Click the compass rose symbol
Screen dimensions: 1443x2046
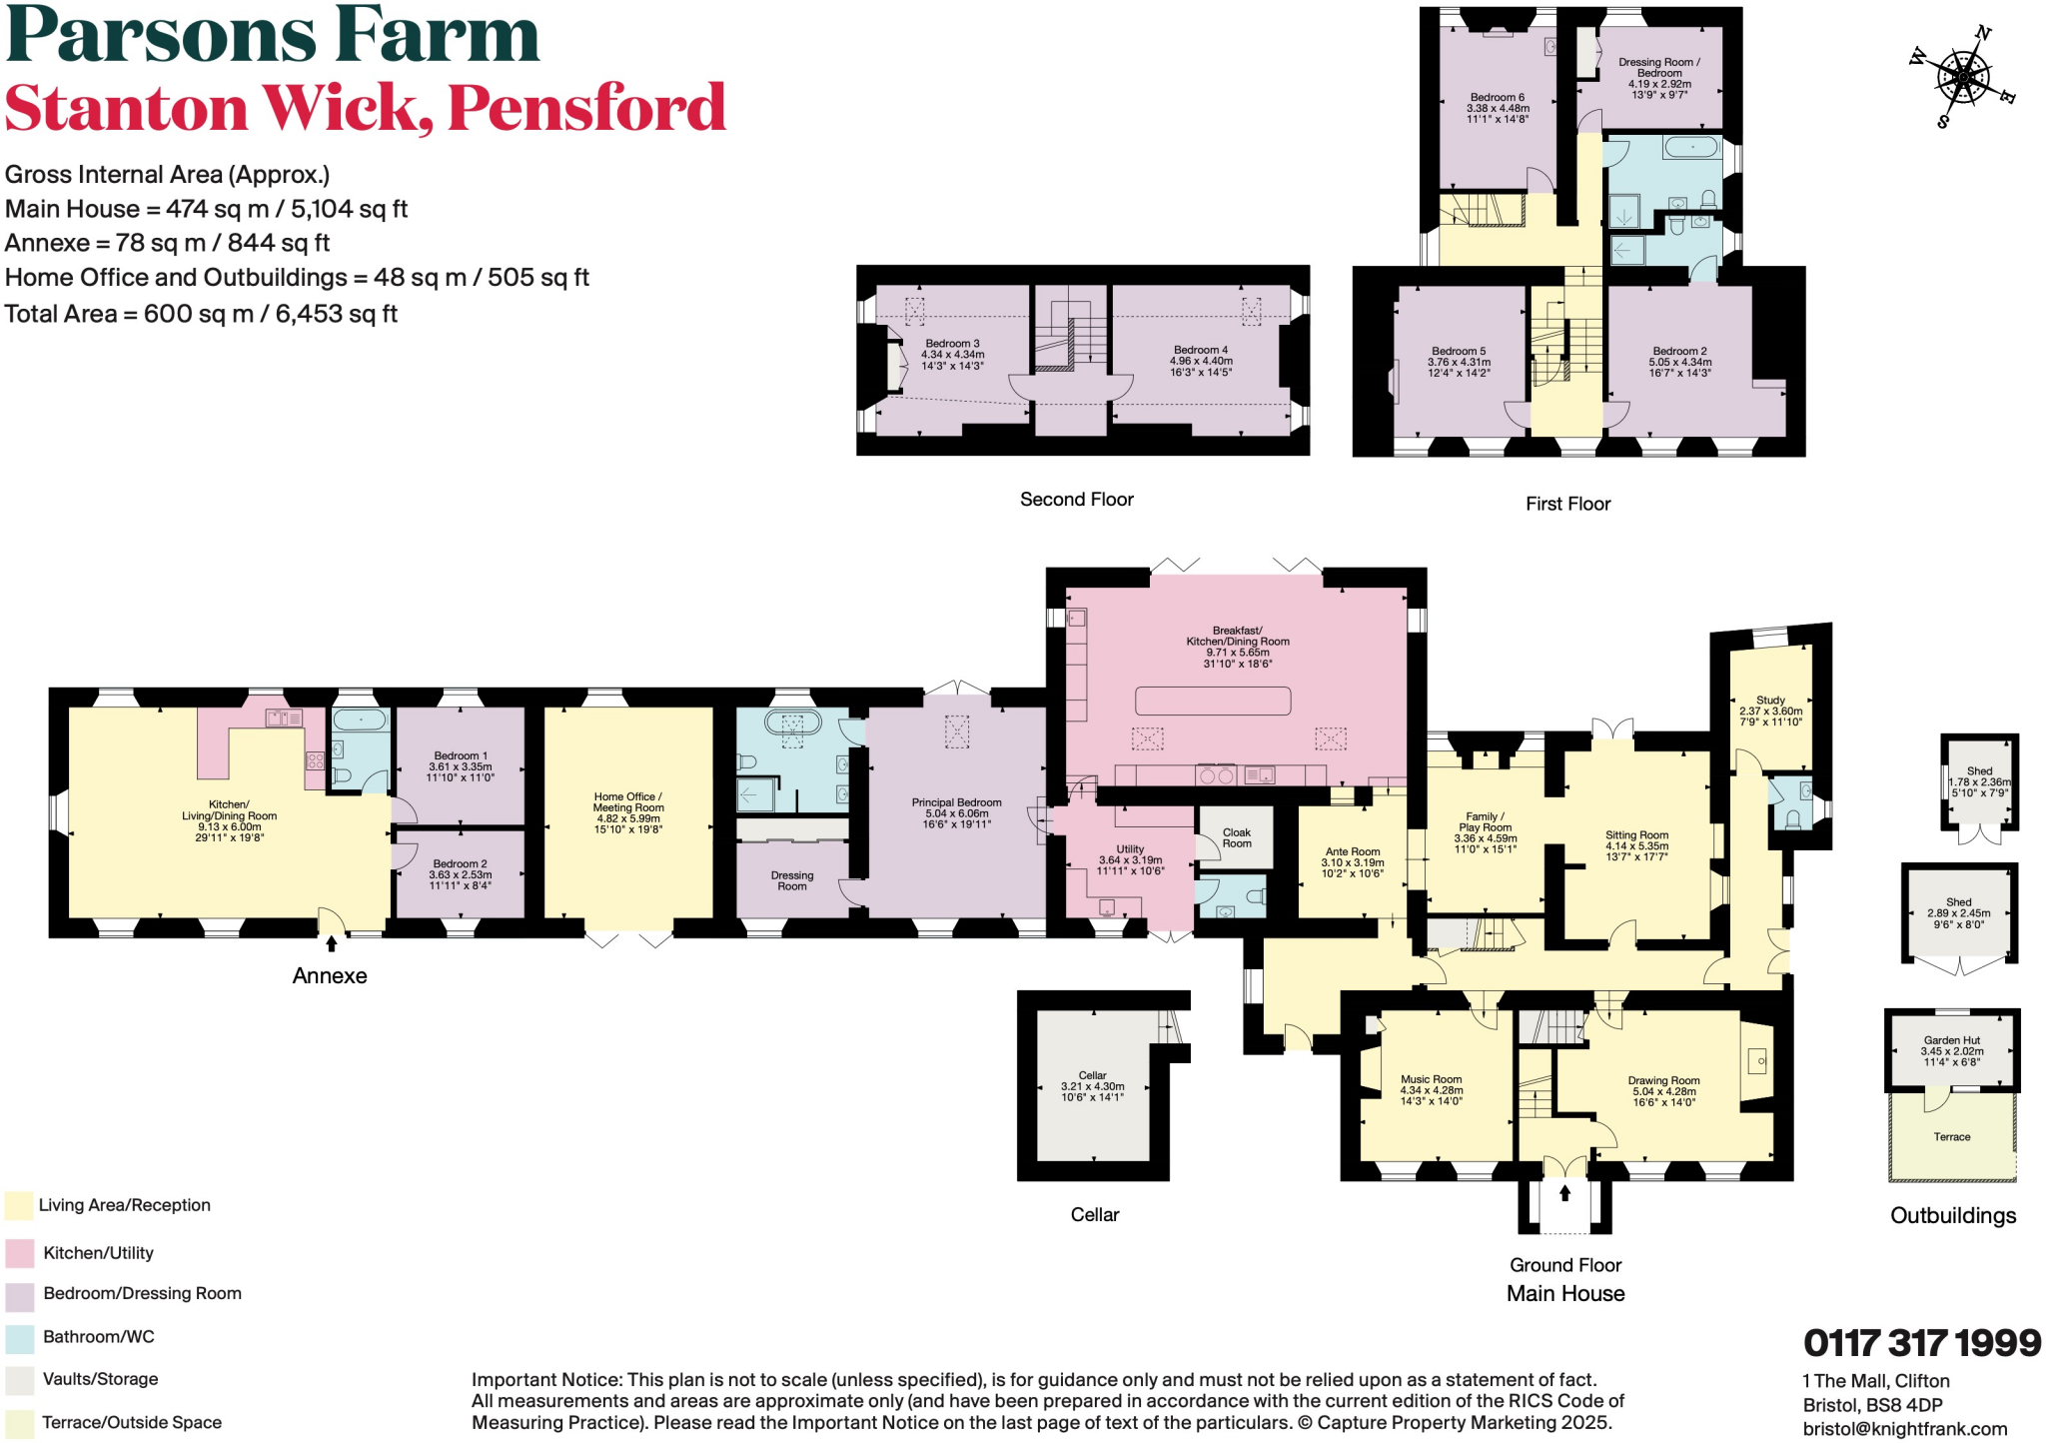pyautogui.click(x=1963, y=78)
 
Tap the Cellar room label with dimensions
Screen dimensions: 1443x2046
pyautogui.click(x=1092, y=1086)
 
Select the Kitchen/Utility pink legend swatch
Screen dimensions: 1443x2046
pyautogui.click(x=19, y=1253)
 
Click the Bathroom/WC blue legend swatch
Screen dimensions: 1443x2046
pyautogui.click(x=19, y=1337)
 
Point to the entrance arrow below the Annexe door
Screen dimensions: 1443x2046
pyautogui.click(x=332, y=942)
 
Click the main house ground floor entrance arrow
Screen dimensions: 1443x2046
pyautogui.click(x=1564, y=1193)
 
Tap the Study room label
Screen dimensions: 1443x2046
pyautogui.click(x=1770, y=711)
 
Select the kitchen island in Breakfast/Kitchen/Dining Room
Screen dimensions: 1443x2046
pyautogui.click(x=1213, y=701)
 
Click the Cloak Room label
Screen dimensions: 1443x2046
pyautogui.click(x=1236, y=837)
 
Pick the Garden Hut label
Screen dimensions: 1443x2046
pyautogui.click(x=1951, y=1050)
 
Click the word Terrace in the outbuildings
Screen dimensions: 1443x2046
pyautogui.click(x=1951, y=1137)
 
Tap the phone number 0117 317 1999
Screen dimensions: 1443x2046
pyautogui.click(x=1921, y=1343)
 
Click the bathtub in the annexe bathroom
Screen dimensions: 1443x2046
pyautogui.click(x=360, y=720)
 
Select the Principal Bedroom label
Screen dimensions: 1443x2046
pyautogui.click(x=956, y=813)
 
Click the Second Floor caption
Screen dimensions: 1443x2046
pyautogui.click(x=1076, y=500)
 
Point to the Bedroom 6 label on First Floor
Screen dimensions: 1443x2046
pyautogui.click(x=1497, y=108)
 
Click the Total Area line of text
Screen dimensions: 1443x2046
pyautogui.click(x=201, y=314)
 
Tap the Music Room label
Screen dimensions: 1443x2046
pyautogui.click(x=1431, y=1089)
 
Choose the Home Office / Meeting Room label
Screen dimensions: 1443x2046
pyautogui.click(x=627, y=812)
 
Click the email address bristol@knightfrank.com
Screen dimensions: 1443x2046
pyautogui.click(x=1904, y=1429)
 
